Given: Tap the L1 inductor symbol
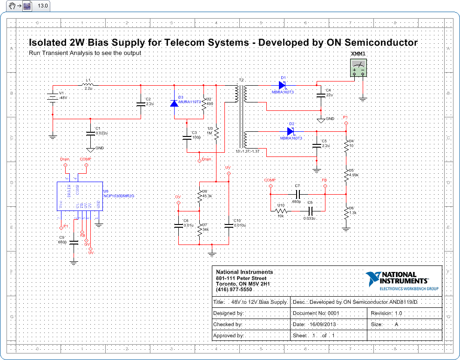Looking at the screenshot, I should (88, 85).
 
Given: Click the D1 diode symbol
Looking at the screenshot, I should (282, 85).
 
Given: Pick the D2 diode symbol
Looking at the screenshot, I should (291, 131).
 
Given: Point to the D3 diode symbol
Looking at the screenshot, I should (174, 103).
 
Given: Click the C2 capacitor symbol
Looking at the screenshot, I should (141, 104).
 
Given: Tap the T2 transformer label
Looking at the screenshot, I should (241, 80).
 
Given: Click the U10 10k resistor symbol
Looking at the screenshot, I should (281, 211).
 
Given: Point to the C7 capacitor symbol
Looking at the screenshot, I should (298, 193).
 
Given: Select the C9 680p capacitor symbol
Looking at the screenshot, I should (74, 242).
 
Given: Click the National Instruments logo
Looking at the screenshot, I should (401, 281).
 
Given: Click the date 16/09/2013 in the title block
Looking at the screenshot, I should (323, 324).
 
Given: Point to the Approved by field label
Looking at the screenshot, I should (229, 335).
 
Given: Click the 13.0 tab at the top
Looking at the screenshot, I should (42, 6).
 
